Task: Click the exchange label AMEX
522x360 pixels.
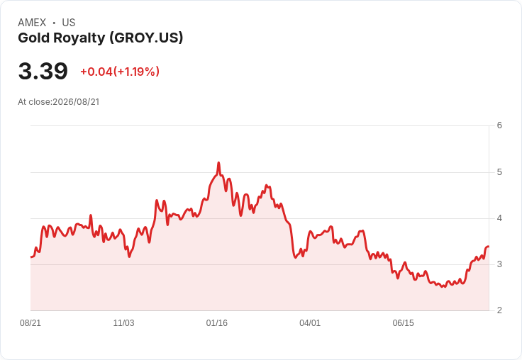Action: pyautogui.click(x=32, y=23)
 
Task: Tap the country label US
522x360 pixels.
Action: pyautogui.click(x=69, y=23)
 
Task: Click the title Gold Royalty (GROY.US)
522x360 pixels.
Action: pyautogui.click(x=101, y=38)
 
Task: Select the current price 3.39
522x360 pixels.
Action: pyautogui.click(x=43, y=71)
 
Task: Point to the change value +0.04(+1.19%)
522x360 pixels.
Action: pyautogui.click(x=120, y=72)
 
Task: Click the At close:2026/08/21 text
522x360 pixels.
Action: pyautogui.click(x=59, y=102)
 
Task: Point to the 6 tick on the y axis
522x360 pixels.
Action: pyautogui.click(x=499, y=125)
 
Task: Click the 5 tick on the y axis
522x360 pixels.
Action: pyautogui.click(x=499, y=172)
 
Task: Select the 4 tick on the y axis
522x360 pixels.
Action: pyautogui.click(x=499, y=218)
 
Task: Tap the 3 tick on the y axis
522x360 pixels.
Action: pyautogui.click(x=499, y=264)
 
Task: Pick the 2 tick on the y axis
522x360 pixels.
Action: pyautogui.click(x=499, y=310)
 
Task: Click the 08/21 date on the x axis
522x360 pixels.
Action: pyautogui.click(x=30, y=323)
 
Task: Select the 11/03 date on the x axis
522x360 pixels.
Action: pyautogui.click(x=123, y=323)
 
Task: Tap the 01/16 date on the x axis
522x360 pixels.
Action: pyautogui.click(x=217, y=323)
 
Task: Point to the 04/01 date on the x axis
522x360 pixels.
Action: pyautogui.click(x=310, y=323)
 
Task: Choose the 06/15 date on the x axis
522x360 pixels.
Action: pyautogui.click(x=403, y=323)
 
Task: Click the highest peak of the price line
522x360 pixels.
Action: pyautogui.click(x=218, y=163)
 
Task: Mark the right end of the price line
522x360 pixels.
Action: pyautogui.click(x=489, y=247)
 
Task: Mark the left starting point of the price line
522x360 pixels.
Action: pyautogui.click(x=31, y=257)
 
